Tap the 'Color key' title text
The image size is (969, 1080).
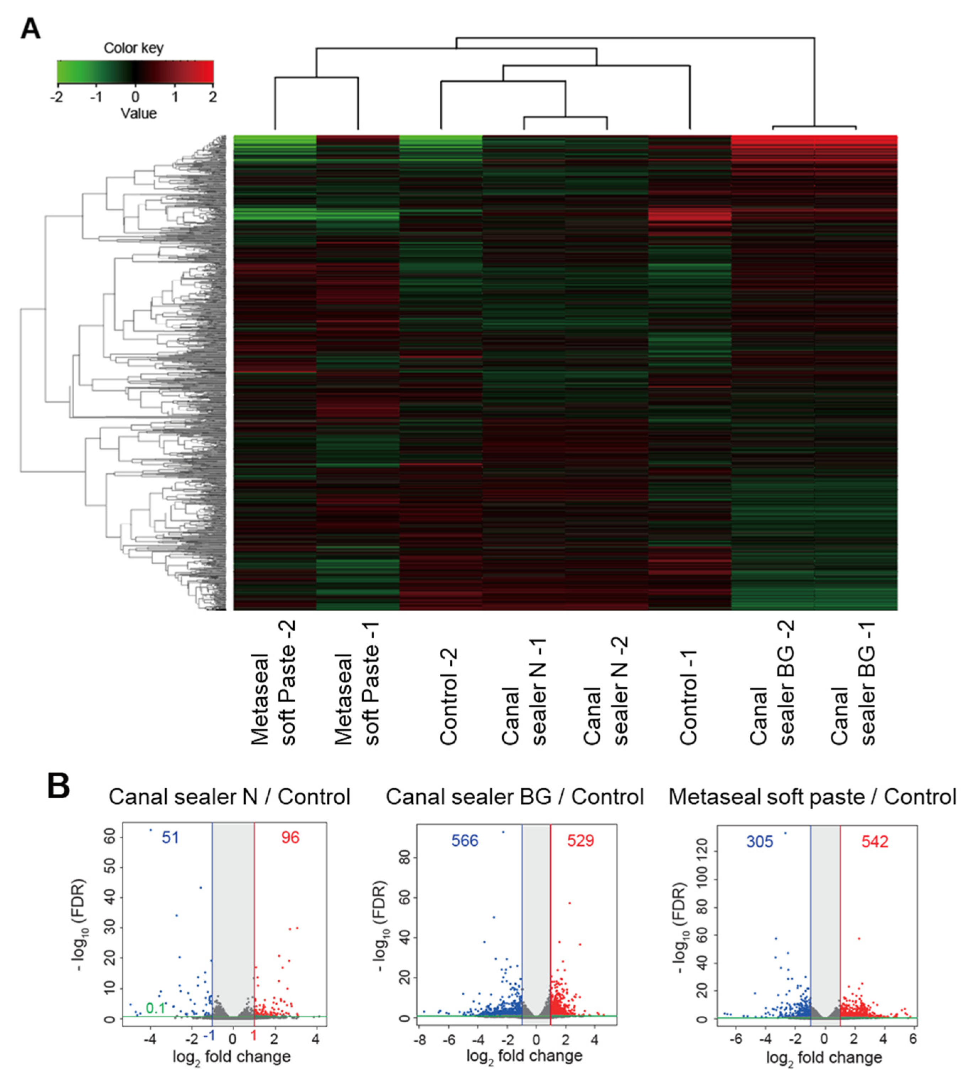133,48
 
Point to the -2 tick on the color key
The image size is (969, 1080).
57,97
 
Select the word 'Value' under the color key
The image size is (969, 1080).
138,113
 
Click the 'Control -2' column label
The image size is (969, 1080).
449,696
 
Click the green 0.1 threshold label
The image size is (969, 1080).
155,1008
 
